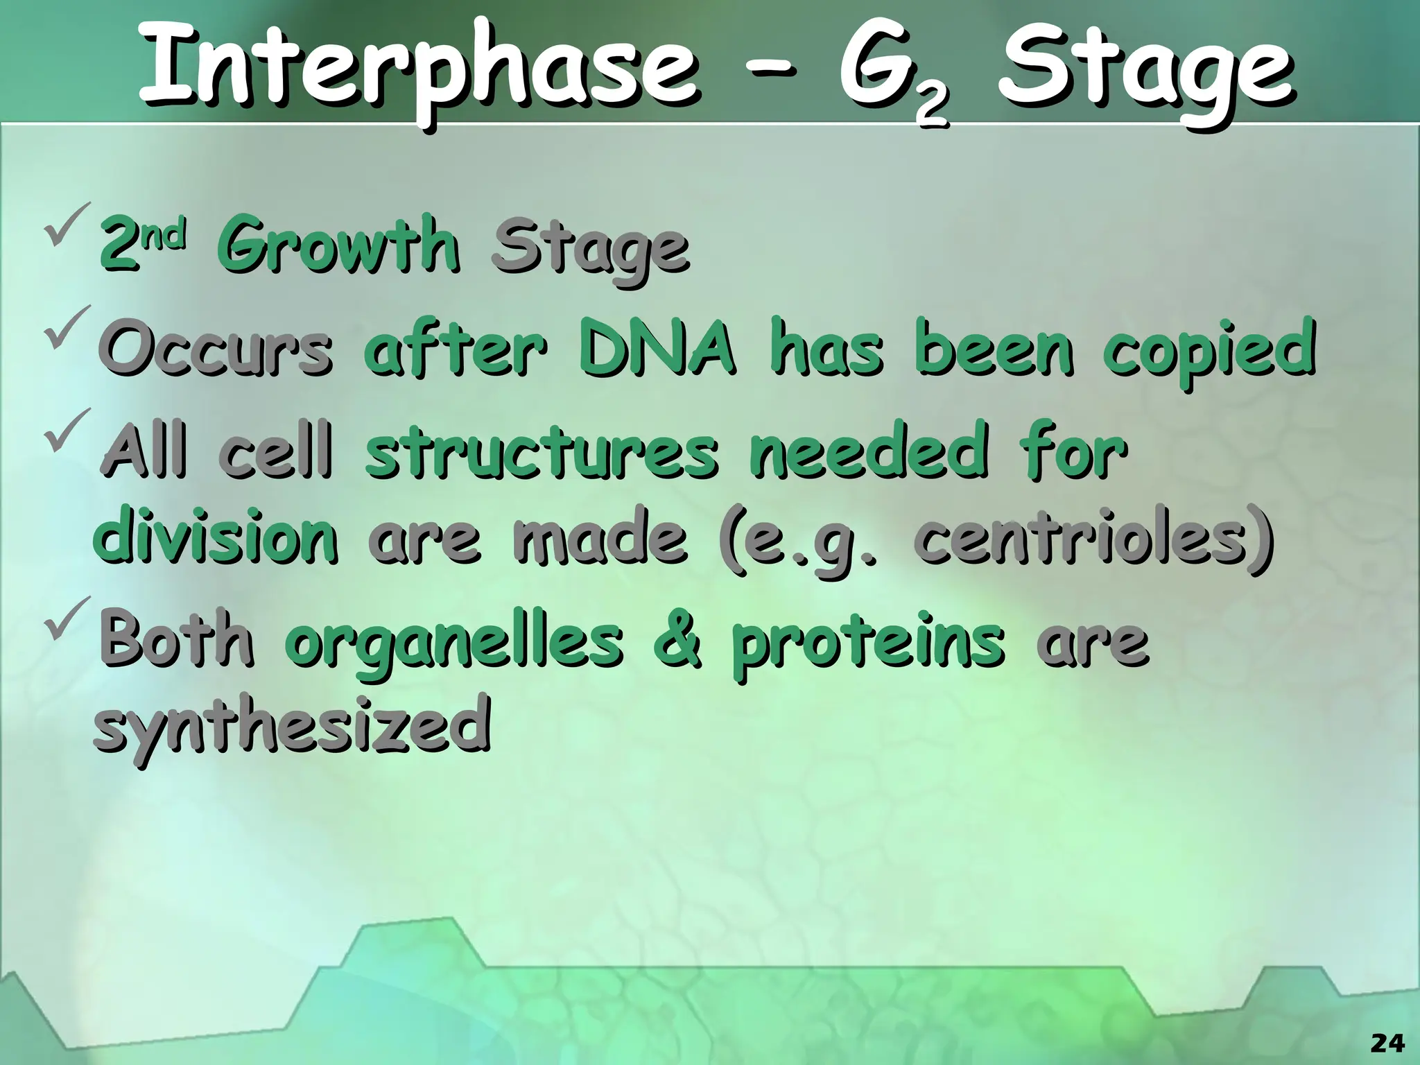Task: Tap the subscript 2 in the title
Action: click(x=930, y=108)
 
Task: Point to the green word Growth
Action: click(x=338, y=246)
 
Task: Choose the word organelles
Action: click(x=454, y=641)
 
